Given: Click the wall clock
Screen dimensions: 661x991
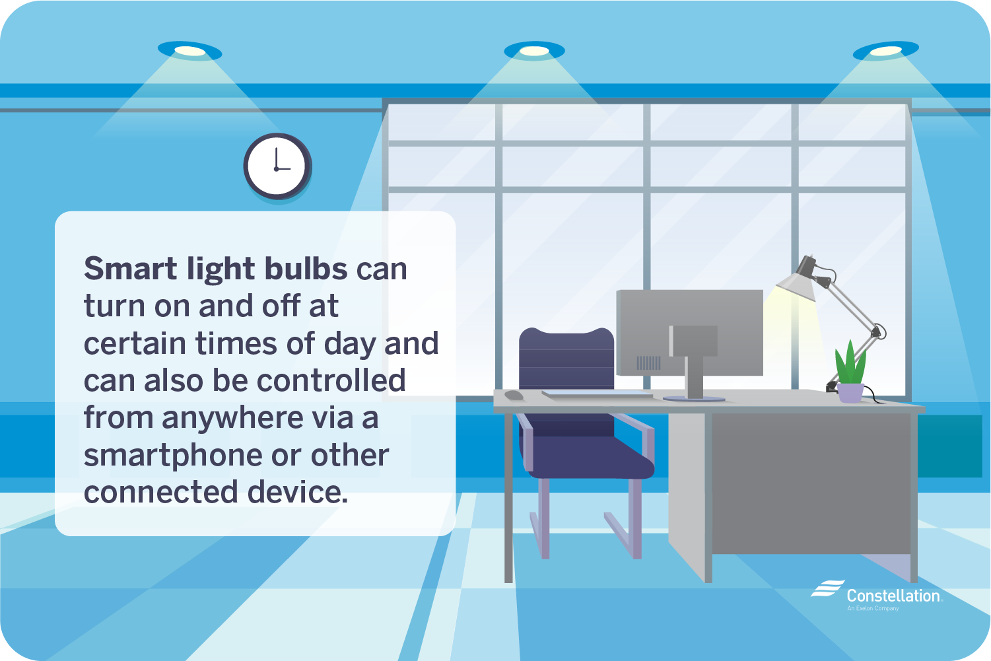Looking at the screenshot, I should [x=277, y=166].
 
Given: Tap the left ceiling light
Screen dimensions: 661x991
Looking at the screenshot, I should [x=189, y=51].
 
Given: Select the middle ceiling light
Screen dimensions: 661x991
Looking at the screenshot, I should [x=534, y=51].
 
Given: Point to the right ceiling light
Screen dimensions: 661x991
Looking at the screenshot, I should [x=885, y=51].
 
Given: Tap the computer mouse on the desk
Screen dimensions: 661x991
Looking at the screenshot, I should [x=514, y=395].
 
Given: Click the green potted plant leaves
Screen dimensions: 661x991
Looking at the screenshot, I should [x=850, y=363].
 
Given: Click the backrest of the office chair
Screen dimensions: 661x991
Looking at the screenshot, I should [x=566, y=360].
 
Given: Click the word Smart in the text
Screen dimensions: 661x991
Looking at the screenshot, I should [x=131, y=269].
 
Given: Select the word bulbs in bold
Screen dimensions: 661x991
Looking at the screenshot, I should [x=306, y=269].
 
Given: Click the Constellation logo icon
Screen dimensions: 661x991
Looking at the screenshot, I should [x=827, y=589].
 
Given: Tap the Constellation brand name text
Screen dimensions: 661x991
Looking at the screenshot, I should [x=893, y=596].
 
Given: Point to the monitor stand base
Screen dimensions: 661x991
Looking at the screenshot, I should [x=693, y=398].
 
